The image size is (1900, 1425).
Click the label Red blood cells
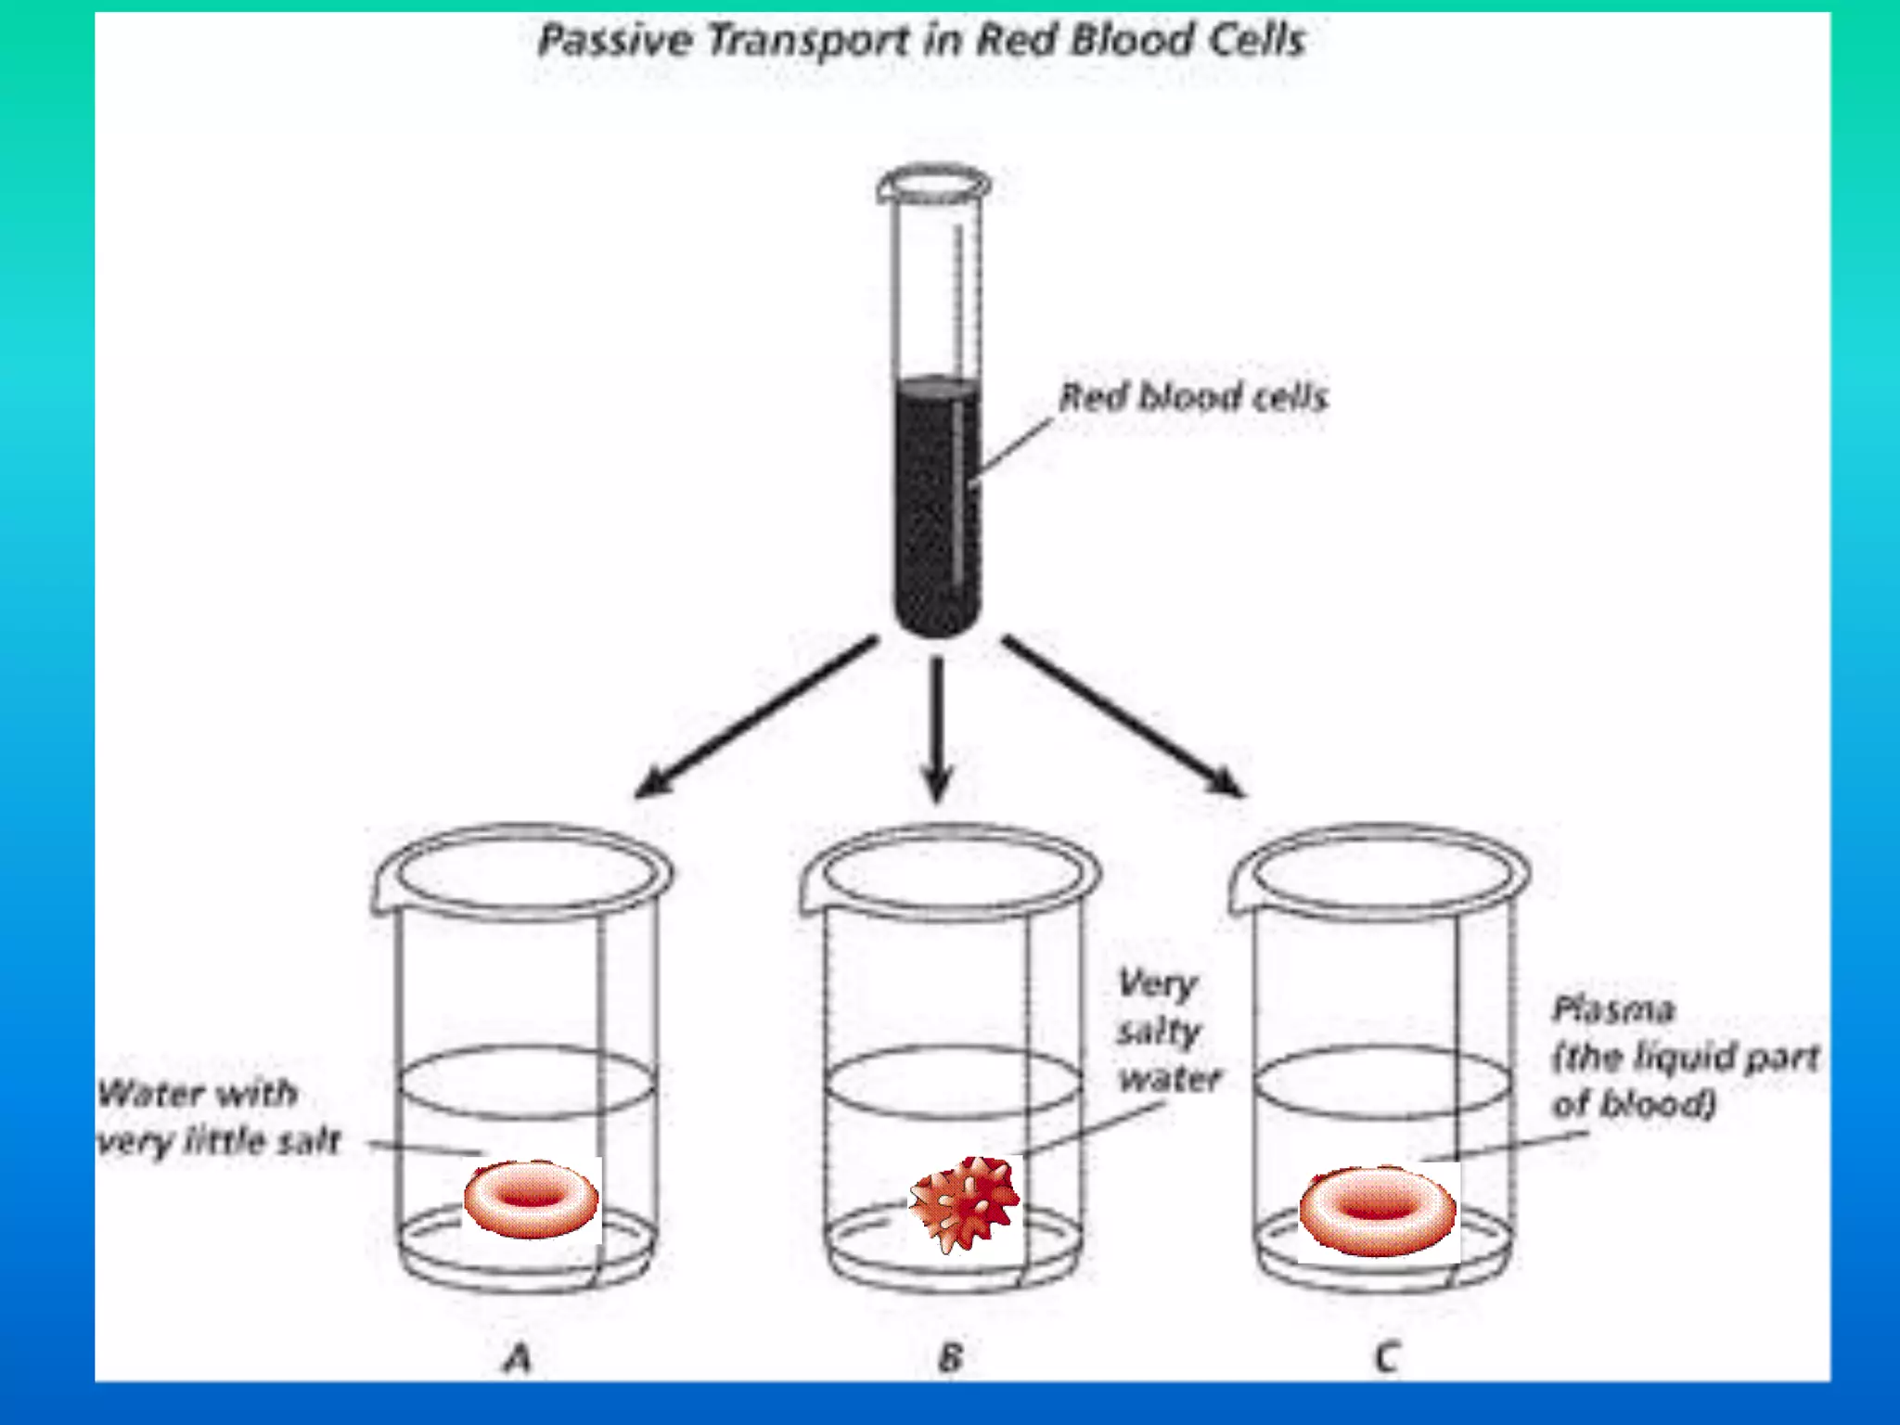pos(1193,397)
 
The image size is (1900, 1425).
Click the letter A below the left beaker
pos(518,1358)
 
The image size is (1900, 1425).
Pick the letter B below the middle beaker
pos(950,1358)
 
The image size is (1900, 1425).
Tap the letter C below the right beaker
pos(1386,1358)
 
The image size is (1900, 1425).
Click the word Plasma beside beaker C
pos(1613,1009)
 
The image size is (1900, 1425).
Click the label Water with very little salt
pos(218,1117)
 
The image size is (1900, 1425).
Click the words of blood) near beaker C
pos(1634,1104)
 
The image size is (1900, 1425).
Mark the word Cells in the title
pos(1257,42)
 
